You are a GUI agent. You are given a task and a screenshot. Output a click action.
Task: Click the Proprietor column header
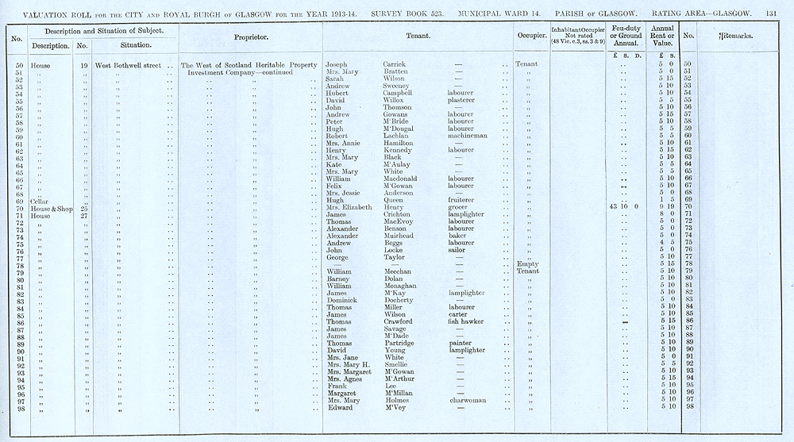[251, 37]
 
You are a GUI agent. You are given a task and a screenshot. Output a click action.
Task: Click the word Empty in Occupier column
[527, 264]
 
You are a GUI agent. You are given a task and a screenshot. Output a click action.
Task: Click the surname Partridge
[401, 344]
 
